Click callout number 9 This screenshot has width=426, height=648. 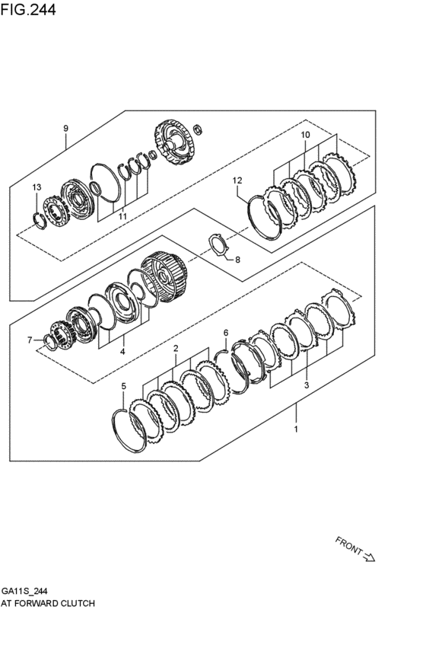click(x=66, y=128)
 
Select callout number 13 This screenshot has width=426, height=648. click(x=37, y=187)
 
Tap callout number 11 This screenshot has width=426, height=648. click(x=122, y=217)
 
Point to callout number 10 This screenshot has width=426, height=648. click(x=305, y=135)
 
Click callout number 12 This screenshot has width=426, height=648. click(x=237, y=180)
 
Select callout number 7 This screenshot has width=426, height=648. click(x=30, y=340)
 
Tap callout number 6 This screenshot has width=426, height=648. click(x=225, y=332)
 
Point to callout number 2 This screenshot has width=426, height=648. click(x=175, y=349)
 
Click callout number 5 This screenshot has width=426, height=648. click(x=124, y=387)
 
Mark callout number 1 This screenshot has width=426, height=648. click(x=297, y=429)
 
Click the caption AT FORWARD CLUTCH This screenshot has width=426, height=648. click(x=47, y=602)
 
